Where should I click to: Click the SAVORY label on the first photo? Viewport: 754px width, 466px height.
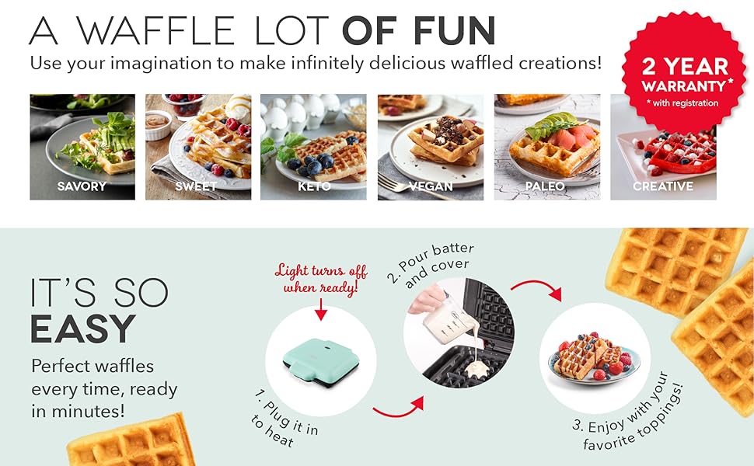pos(82,186)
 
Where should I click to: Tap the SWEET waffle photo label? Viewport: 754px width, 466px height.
pos(196,186)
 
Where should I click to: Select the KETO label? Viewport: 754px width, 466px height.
pos(314,186)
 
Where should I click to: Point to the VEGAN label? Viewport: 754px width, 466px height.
pos(431,186)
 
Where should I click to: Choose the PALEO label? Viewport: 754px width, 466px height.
pos(546,186)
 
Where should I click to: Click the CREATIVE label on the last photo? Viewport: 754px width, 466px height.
pos(662,186)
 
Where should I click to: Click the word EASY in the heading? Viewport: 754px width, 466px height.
pos(83,329)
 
